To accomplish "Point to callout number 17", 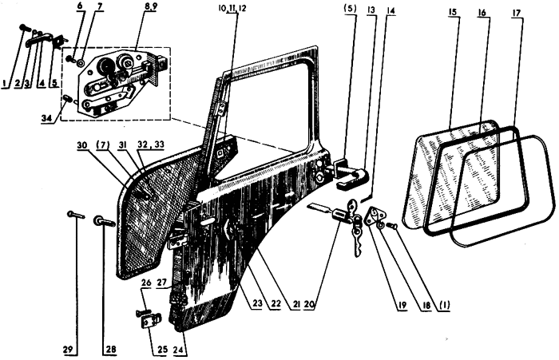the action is coord(516,13).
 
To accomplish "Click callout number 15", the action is coord(453,11).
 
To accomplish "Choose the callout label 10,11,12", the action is coord(232,8).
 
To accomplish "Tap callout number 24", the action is coord(180,350).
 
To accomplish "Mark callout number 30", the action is coord(82,145).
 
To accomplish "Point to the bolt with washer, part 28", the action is coord(104,222).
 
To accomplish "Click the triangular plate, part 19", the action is coord(375,216).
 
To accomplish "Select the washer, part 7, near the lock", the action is coord(81,63).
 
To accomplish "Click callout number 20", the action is coord(309,305).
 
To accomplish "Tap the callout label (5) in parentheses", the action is coord(350,8).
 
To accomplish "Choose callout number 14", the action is coord(391,10).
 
